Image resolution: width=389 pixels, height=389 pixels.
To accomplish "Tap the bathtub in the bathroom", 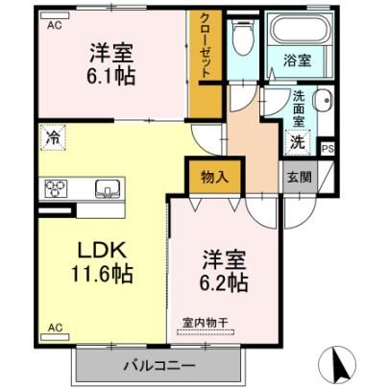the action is (x=300, y=30).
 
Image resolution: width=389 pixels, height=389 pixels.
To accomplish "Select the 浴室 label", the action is (x=298, y=61).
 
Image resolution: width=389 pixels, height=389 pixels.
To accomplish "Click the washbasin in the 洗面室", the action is (x=323, y=100).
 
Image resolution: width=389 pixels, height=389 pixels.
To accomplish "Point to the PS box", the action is (x=328, y=149).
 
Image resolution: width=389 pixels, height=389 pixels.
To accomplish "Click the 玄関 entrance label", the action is (x=300, y=177).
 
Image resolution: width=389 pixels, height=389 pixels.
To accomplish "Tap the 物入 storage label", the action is (x=214, y=177).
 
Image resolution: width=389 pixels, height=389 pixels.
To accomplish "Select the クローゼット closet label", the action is (x=206, y=46).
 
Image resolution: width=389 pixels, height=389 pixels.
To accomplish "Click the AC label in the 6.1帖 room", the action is (x=55, y=25).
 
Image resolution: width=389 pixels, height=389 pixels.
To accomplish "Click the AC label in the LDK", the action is (x=55, y=328).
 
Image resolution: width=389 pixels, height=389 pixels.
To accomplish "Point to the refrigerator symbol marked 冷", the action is (x=53, y=138).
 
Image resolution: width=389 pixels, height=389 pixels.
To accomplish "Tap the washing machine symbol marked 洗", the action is (x=298, y=142).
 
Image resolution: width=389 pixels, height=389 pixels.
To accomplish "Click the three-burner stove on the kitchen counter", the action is (x=56, y=188).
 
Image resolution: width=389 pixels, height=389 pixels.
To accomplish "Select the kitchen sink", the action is (x=109, y=188).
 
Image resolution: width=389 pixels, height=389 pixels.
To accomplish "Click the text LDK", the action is (x=102, y=251).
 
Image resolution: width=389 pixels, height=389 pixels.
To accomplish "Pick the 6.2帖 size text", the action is (x=224, y=282).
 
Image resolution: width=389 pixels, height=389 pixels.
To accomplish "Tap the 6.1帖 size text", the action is (x=111, y=77).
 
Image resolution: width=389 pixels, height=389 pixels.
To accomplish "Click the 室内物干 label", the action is (x=206, y=323).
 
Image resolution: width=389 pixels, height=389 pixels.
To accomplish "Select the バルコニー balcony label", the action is (x=159, y=366).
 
